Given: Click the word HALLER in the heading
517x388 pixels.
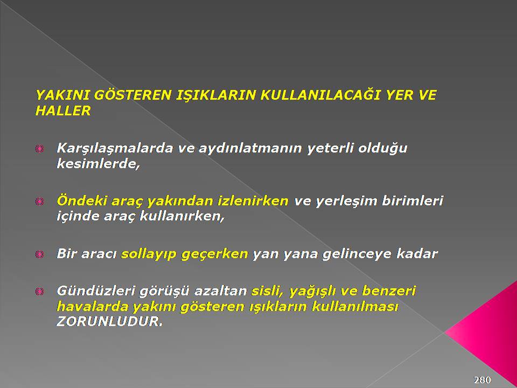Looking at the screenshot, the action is click(x=63, y=110).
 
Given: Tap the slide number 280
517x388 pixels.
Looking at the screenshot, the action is click(x=483, y=380).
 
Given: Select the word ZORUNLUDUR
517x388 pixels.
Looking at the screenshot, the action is click(x=109, y=321).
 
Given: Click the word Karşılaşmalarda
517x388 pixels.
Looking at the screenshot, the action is click(x=115, y=148).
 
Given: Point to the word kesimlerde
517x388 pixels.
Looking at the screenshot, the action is click(x=98, y=163).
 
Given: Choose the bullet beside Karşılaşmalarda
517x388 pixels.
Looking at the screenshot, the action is click(x=39, y=149).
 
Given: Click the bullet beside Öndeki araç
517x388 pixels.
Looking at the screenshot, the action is click(x=39, y=201).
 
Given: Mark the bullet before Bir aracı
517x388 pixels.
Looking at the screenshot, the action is click(x=39, y=254).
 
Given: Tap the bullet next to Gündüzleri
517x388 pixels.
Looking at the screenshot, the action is click(x=39, y=292).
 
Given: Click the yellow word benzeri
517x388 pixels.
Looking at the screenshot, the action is click(x=389, y=290).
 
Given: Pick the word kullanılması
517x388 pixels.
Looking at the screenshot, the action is click(x=355, y=306).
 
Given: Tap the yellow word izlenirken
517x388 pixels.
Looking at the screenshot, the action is click(x=253, y=200).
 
